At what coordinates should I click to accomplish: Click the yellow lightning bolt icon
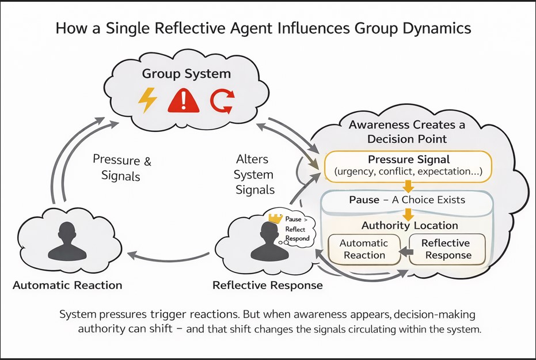[x=148, y=100]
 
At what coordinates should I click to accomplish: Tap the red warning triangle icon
[x=184, y=101]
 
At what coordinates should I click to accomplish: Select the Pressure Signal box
[x=408, y=165]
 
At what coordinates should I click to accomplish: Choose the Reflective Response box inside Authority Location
[x=446, y=249]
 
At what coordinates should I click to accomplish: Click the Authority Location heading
[x=409, y=225]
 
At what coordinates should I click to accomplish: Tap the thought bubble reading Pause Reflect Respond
[x=297, y=229]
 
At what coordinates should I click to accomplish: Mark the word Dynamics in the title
[x=439, y=29]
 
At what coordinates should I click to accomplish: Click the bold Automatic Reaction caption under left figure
[x=67, y=285]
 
